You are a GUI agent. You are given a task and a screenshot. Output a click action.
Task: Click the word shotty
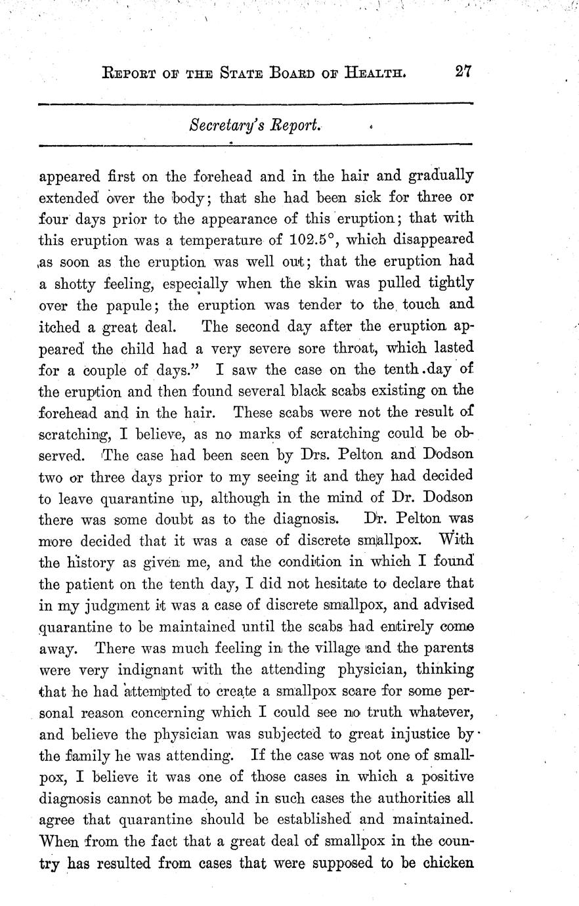tap(76, 283)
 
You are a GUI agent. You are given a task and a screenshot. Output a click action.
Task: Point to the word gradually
tap(440, 177)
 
